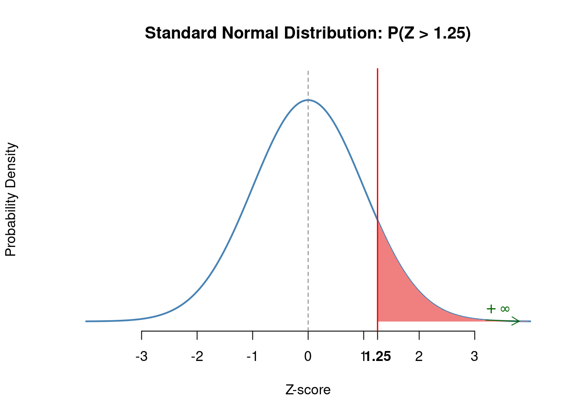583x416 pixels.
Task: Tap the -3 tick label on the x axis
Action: pos(141,357)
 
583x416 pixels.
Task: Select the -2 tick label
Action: pos(197,357)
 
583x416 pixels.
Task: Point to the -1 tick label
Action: pos(252,357)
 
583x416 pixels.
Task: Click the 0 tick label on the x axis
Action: pos(308,357)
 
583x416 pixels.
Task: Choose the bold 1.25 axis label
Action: pos(378,357)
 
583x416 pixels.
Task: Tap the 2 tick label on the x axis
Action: pos(419,357)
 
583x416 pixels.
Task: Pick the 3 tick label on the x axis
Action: pos(475,357)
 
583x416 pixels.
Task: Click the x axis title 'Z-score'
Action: pos(308,390)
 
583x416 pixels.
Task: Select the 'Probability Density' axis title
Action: pos(11,200)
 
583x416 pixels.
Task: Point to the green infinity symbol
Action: pos(505,309)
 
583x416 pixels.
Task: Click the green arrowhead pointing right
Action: pos(517,321)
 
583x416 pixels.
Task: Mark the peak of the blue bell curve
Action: pos(308,100)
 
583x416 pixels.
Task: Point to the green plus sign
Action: pos(491,309)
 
